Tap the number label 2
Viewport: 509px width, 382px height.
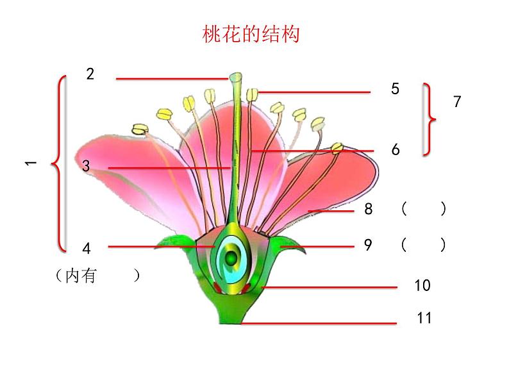point(90,74)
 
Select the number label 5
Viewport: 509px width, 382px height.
point(395,89)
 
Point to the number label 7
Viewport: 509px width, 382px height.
point(457,101)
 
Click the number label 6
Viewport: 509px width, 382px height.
point(395,150)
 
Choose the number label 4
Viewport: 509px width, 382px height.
point(87,248)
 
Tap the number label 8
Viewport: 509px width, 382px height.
point(368,209)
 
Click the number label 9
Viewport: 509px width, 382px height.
point(368,245)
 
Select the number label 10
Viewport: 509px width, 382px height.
point(422,286)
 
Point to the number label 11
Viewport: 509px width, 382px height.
point(424,318)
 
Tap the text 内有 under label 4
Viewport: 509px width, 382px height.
point(80,276)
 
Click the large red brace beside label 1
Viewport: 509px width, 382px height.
point(60,163)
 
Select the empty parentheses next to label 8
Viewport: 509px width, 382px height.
point(423,209)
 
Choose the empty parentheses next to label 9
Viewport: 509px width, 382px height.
point(423,245)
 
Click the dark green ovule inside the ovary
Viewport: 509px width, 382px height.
point(229,258)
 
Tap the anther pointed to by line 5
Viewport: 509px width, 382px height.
point(253,94)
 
